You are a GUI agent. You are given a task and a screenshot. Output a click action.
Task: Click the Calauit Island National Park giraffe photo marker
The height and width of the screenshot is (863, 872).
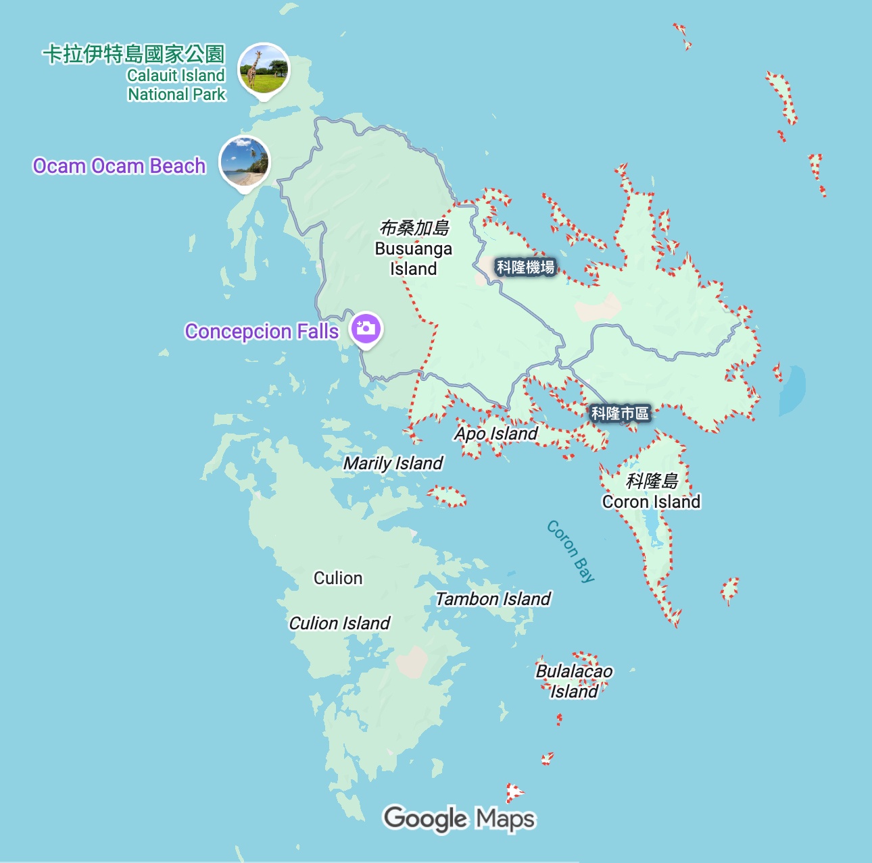click(264, 68)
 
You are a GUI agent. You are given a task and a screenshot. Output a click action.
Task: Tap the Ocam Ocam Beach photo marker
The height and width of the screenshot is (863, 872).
click(244, 162)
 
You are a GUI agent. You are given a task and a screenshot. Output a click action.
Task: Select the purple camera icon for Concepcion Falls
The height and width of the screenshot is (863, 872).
click(366, 329)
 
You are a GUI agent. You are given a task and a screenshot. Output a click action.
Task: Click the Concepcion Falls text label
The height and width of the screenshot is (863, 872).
click(262, 332)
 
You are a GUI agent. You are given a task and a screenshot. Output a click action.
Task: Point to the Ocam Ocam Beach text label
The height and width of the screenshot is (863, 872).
click(119, 166)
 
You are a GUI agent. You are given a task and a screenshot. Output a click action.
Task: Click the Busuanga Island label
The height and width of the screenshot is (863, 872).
click(413, 249)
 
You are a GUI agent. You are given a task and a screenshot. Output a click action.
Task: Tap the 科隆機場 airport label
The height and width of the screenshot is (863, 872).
click(525, 267)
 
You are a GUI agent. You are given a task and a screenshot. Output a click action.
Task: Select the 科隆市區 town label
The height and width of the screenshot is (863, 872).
click(620, 413)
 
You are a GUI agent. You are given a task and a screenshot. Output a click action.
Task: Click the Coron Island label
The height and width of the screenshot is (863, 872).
click(651, 492)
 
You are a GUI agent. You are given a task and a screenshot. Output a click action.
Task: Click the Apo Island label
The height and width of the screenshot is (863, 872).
click(496, 434)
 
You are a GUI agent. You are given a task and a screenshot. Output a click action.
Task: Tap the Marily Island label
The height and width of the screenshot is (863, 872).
click(393, 463)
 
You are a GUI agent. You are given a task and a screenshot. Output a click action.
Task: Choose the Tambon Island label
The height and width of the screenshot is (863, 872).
click(493, 599)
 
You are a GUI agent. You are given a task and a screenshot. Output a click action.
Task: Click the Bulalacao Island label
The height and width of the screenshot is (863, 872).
click(574, 681)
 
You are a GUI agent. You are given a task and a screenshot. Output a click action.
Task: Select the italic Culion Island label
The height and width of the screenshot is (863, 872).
click(339, 623)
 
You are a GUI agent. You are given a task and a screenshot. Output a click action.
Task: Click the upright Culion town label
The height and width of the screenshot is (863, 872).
click(338, 578)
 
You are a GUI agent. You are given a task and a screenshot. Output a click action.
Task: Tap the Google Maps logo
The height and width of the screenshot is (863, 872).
click(459, 819)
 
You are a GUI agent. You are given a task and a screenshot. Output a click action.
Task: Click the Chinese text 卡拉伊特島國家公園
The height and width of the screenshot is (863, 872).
click(133, 54)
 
